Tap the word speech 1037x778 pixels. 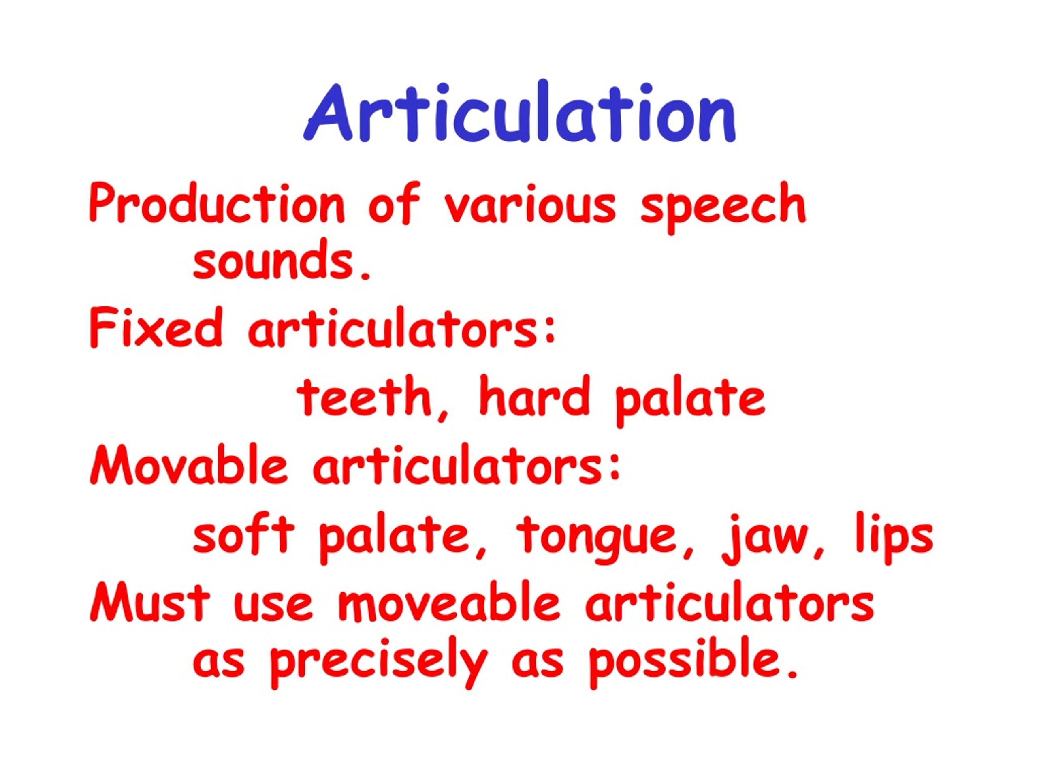(x=722, y=206)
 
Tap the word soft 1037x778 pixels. (x=244, y=534)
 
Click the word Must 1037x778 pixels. (x=150, y=603)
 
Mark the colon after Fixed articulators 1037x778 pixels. (x=551, y=331)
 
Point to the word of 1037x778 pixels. (x=393, y=205)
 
